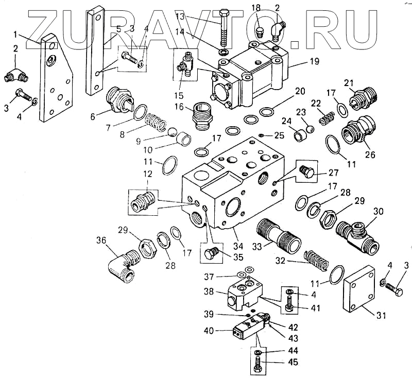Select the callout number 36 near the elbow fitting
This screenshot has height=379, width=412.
coord(101,240)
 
